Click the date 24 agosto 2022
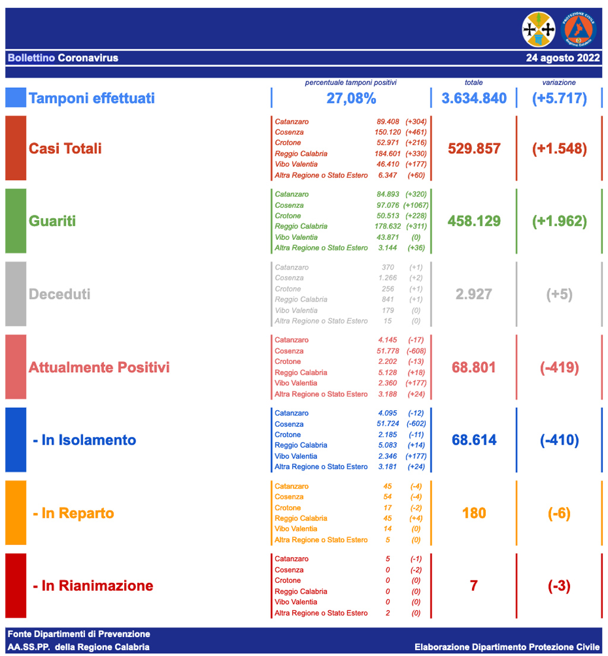[562, 58]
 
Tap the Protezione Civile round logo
[577, 29]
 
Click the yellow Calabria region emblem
[538, 29]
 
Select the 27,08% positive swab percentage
[350, 98]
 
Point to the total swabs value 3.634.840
[474, 98]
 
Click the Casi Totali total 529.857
[474, 148]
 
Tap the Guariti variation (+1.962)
[559, 221]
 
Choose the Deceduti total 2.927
[474, 294]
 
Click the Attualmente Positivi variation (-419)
[559, 367]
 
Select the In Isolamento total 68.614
[474, 440]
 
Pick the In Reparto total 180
[474, 513]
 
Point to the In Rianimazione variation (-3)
[559, 586]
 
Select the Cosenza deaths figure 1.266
[387, 278]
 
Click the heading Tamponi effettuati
[92, 98]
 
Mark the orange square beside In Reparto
[15, 513]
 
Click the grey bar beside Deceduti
[15, 294]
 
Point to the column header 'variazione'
[559, 83]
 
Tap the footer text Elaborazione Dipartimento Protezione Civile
[507, 647]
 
